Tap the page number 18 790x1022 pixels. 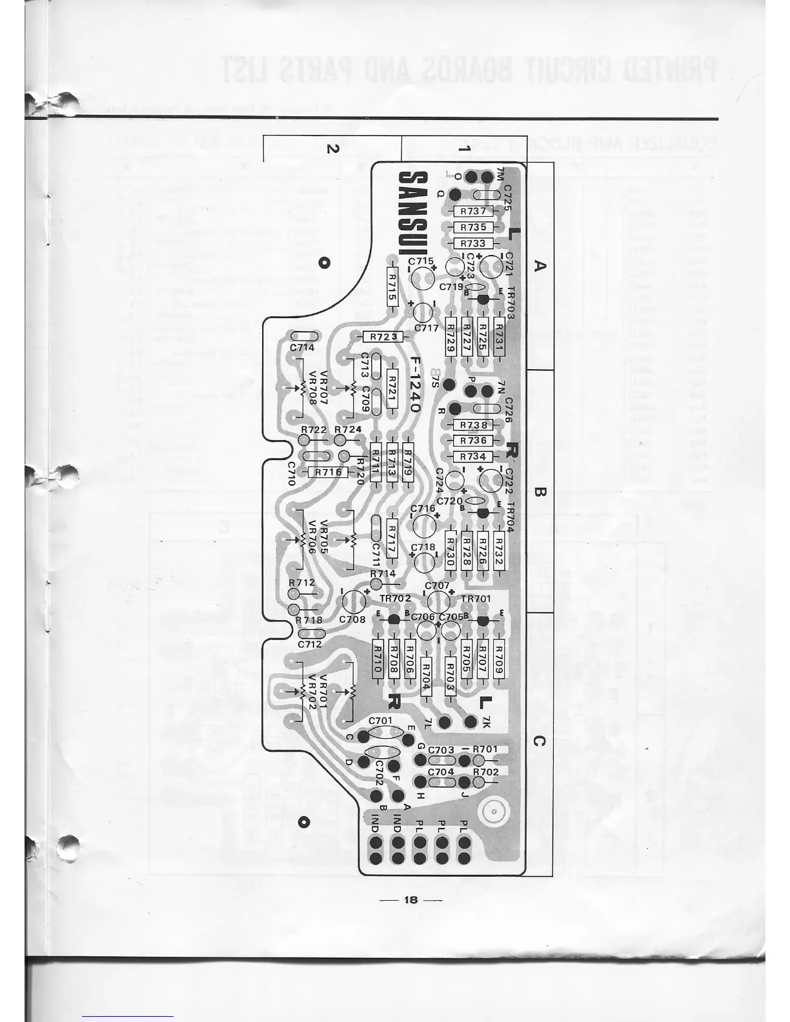click(410, 899)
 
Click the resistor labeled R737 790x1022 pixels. click(474, 211)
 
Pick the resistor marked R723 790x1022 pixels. click(383, 337)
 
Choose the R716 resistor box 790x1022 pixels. click(328, 472)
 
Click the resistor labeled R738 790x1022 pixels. click(474, 425)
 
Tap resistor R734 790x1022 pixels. click(474, 456)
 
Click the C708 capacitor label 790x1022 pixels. click(352, 619)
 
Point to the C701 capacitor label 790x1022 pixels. click(380, 721)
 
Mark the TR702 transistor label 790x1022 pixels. click(395, 598)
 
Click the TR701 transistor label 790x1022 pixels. click(476, 598)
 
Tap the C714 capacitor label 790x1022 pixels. click(302, 348)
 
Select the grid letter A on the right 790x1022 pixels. click(541, 265)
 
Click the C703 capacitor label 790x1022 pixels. click(441, 750)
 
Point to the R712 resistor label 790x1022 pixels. click(301, 582)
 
